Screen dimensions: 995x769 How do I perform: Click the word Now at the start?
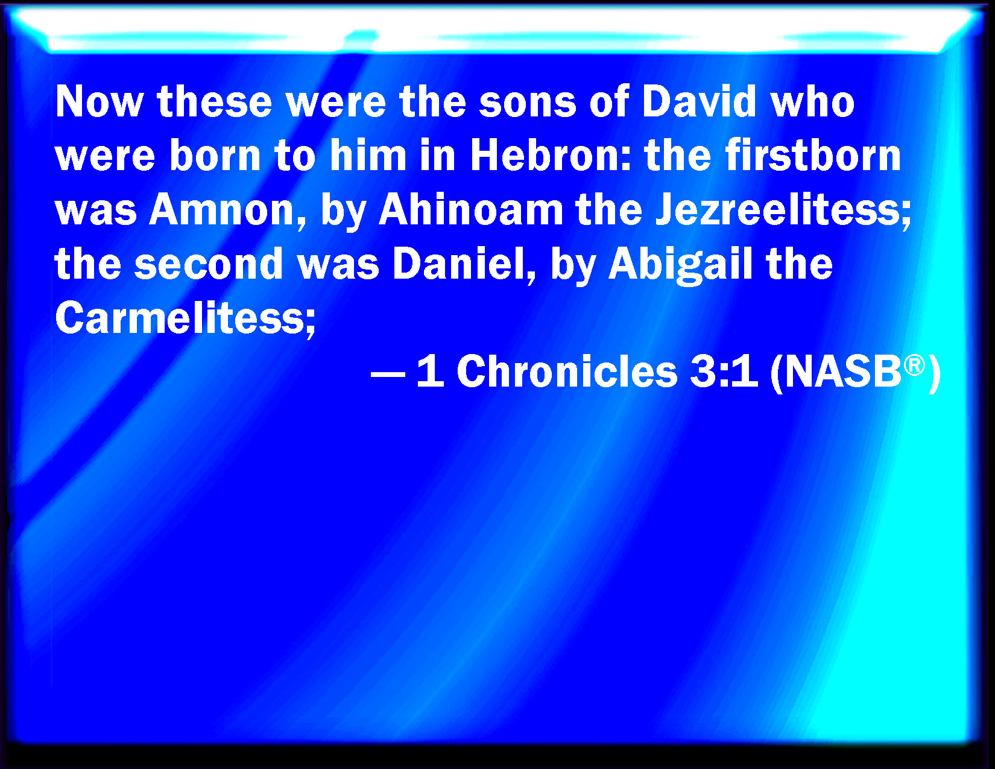click(99, 102)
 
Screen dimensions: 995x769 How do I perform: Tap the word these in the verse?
click(214, 102)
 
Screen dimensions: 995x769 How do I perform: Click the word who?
click(813, 102)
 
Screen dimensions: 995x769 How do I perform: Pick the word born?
click(215, 156)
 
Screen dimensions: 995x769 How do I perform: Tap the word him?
click(368, 156)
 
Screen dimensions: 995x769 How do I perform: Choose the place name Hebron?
click(544, 156)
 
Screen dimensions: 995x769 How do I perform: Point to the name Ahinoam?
click(471, 210)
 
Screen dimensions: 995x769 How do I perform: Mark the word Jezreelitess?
click(783, 210)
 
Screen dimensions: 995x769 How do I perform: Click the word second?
click(208, 264)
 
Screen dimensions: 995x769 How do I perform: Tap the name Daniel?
click(463, 265)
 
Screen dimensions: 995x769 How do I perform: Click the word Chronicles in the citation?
click(567, 372)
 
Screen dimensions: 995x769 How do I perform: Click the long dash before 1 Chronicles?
click(388, 374)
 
